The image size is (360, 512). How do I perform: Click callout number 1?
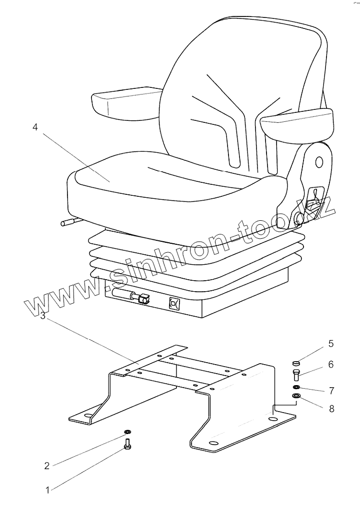(47, 491)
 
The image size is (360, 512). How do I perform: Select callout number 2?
(46, 466)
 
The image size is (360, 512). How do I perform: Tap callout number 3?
(43, 316)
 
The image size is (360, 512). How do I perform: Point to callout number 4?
(35, 127)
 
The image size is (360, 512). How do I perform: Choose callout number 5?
(330, 344)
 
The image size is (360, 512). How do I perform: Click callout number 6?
(330, 365)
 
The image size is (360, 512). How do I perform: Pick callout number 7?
(330, 390)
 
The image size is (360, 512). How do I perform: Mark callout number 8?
(330, 409)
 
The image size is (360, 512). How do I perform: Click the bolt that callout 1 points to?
(127, 443)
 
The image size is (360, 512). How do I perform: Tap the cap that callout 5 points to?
(295, 363)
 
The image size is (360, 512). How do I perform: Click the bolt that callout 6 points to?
(295, 374)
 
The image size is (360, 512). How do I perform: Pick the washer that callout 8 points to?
(296, 397)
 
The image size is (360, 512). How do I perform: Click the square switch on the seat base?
(175, 303)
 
